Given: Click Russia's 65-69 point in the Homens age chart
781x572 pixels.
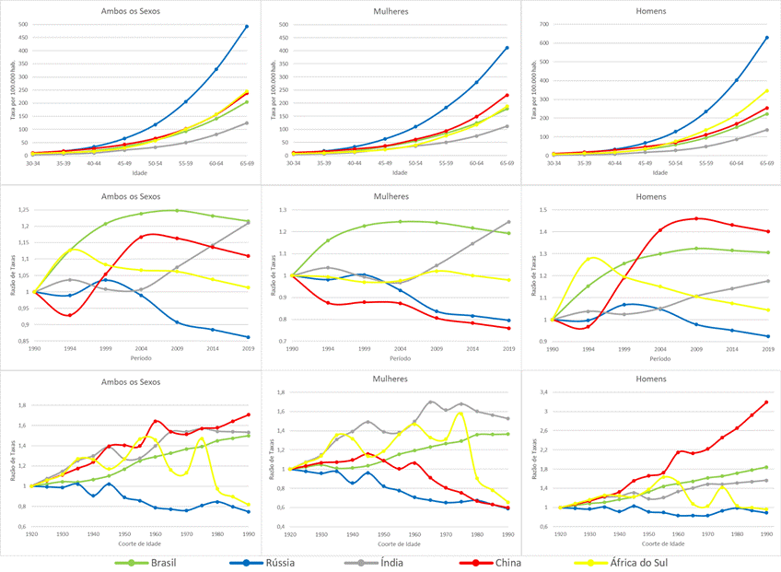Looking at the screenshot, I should [x=766, y=38].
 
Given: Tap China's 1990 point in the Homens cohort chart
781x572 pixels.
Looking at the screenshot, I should [x=766, y=403].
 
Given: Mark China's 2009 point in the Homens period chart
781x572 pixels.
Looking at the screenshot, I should [x=697, y=218].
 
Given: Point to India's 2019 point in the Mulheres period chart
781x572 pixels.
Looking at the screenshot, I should [x=508, y=222].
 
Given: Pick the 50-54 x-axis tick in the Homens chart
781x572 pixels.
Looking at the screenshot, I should [x=675, y=163].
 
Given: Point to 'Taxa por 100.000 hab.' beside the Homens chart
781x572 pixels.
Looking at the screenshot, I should [x=532, y=88].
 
